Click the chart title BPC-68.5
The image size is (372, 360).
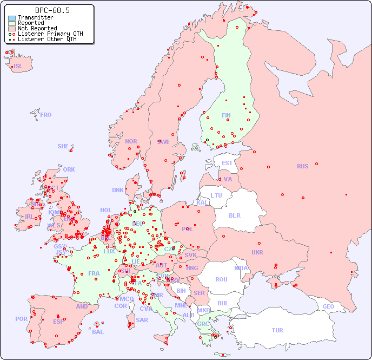pos(52,10)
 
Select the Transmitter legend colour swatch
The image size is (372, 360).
pos(12,18)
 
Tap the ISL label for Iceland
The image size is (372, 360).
pos(18,67)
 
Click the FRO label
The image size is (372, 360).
pos(46,115)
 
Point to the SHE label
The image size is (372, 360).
pos(63,146)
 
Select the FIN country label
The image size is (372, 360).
pos(226,115)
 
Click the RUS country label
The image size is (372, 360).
pos(302,166)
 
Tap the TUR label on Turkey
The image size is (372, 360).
pos(277,330)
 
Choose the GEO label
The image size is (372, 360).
pos(328,306)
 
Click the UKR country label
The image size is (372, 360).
pos(257,252)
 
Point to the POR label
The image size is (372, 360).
pos(21,319)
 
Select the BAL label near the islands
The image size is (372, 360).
pos(98,332)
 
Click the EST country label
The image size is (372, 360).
pos(227,163)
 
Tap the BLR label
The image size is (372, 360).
pos(235,215)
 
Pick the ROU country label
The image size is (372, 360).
pos(221,279)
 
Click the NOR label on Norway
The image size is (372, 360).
pos(131,141)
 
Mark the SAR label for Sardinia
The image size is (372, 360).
pos(142,320)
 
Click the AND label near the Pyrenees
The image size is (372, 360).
pos(82,306)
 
